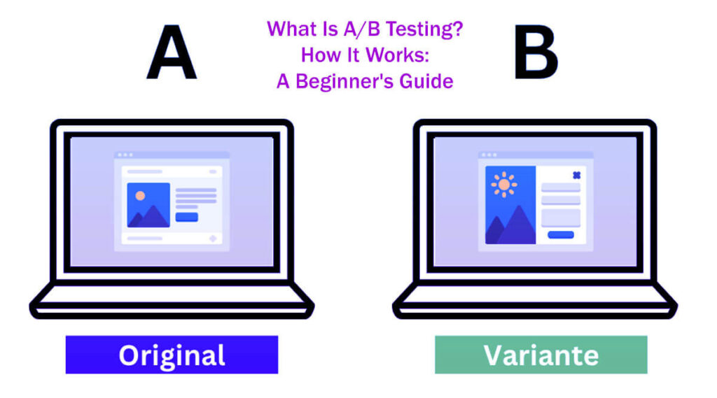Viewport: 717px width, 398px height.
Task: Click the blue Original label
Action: point(172,355)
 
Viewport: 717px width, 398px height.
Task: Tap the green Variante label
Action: point(541,355)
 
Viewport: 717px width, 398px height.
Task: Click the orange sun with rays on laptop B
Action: point(504,184)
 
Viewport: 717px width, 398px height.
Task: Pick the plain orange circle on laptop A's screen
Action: point(140,196)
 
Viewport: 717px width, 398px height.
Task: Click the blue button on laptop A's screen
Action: point(186,217)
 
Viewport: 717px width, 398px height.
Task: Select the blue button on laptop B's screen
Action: point(560,234)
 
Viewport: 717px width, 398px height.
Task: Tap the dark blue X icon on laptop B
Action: point(576,176)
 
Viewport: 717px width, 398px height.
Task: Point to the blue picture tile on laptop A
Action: point(148,205)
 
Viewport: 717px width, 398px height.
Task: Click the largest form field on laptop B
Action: point(560,218)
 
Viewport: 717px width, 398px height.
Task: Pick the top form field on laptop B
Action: point(560,187)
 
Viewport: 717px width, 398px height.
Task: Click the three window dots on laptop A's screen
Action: point(124,155)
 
